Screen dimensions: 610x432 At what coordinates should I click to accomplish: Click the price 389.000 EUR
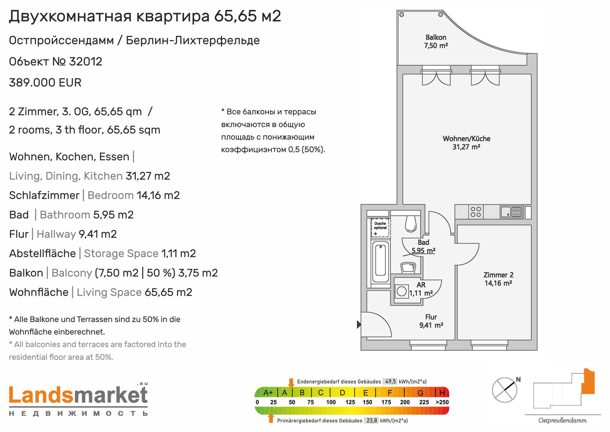point(45,83)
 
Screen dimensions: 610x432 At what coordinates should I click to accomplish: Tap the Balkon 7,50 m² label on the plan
point(436,42)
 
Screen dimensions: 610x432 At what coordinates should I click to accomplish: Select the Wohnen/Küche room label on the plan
point(466,143)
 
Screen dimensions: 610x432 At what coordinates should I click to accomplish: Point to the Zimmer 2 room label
point(498,279)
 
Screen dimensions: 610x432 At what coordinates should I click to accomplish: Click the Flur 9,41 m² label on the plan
point(431,321)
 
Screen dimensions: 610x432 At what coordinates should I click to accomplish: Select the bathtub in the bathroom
point(380,262)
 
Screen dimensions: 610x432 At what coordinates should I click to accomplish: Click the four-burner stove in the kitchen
point(476,212)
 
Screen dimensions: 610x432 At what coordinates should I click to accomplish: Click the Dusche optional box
point(380,227)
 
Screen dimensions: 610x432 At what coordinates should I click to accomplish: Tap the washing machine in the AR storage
point(402,291)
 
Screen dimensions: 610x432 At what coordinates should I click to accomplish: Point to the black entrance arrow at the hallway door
point(359,324)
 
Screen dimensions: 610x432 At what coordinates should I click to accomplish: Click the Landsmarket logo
point(78,400)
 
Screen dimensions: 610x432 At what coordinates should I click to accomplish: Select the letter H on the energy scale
point(442,393)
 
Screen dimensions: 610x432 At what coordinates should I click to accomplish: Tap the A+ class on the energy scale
point(268,393)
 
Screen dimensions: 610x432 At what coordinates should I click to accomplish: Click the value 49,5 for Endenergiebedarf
point(390,382)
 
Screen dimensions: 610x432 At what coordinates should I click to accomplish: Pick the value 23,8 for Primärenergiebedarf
point(371,421)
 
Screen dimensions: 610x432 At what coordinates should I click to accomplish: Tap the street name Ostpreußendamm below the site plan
point(562,421)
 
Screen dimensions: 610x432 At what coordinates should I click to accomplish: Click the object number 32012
point(86,62)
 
